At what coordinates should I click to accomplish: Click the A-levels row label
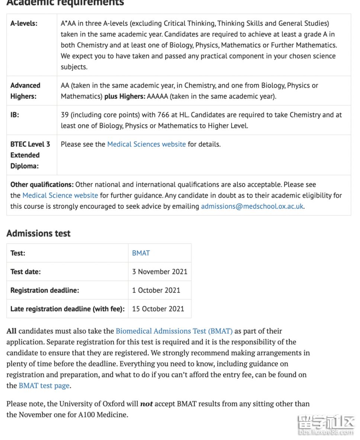coord(24,23)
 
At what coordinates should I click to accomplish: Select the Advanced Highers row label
coord(25,91)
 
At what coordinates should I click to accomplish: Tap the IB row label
coord(15,115)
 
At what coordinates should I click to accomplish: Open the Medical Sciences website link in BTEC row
coord(146,144)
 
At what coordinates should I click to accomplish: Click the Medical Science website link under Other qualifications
coord(60,195)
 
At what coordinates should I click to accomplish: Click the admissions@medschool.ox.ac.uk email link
coord(252,206)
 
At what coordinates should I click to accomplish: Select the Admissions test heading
coord(38,233)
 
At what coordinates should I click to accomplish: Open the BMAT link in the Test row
coord(141,253)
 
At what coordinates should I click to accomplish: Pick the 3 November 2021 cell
coord(160,272)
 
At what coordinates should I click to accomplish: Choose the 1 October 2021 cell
coord(156,290)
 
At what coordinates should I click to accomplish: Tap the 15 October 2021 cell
coord(158,309)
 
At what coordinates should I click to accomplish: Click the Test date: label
coord(26,272)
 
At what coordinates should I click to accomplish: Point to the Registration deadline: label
coord(45,290)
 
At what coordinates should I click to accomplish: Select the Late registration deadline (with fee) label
coord(67,309)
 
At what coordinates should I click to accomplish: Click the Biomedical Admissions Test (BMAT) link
coord(174,331)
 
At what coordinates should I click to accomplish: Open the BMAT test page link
coord(44,386)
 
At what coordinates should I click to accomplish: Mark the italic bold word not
coord(146,404)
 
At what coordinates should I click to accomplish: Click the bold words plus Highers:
coord(125,96)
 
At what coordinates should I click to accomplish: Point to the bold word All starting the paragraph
coord(12,331)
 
